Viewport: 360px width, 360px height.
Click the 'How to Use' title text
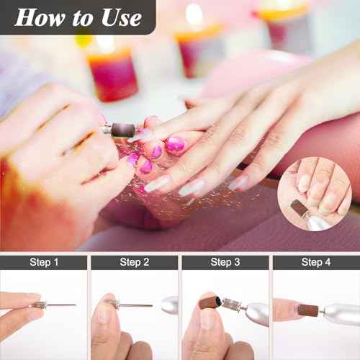(x=78, y=17)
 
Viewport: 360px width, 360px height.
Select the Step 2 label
(x=134, y=261)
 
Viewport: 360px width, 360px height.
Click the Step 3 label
(x=225, y=261)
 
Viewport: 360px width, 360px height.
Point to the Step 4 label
(x=316, y=261)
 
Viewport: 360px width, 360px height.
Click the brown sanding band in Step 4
(x=308, y=310)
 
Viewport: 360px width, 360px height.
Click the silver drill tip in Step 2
(x=169, y=305)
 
